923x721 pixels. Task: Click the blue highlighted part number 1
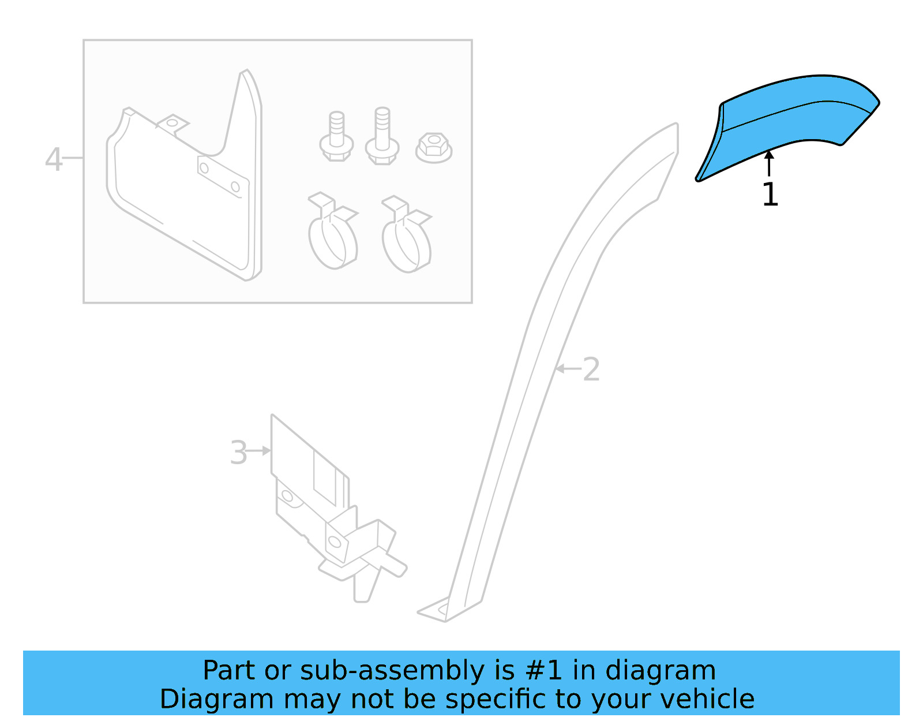790,124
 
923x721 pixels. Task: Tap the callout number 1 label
770,195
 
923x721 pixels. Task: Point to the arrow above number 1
769,163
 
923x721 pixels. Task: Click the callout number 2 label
591,369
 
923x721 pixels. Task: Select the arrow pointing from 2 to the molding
568,368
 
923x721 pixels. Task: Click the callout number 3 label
238,453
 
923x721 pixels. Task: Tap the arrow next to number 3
259,450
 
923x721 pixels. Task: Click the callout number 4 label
53,159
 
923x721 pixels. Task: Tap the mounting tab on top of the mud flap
172,124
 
